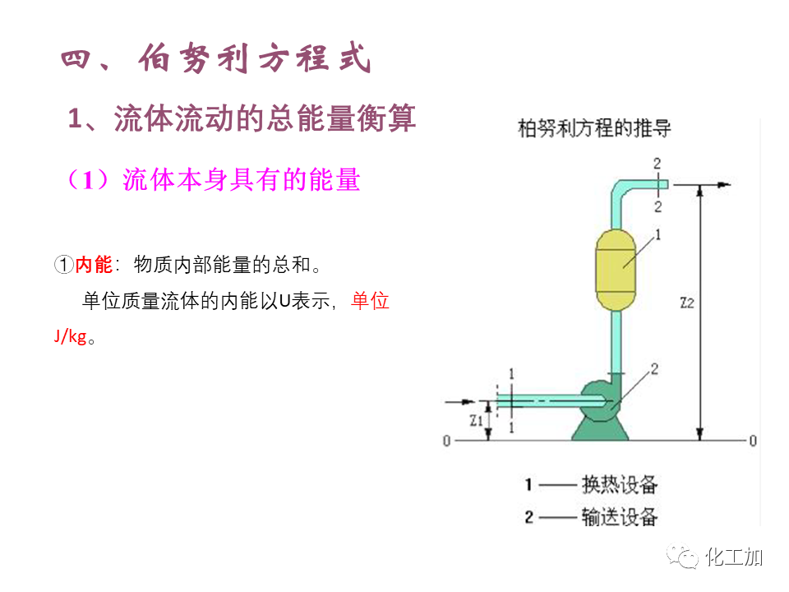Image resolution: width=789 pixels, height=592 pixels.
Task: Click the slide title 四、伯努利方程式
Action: coord(217,61)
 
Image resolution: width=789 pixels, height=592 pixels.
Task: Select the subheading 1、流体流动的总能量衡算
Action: coord(242,118)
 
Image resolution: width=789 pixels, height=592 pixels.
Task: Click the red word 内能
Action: coord(94,265)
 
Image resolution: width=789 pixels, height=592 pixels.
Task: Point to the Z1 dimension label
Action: coord(476,421)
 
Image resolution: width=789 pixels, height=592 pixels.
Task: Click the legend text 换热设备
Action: coord(620,484)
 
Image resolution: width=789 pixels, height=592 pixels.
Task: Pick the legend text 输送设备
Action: coord(620,517)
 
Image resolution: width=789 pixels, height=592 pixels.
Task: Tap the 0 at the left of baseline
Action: coord(447,441)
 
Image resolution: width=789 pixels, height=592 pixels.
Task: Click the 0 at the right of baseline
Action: coord(752,441)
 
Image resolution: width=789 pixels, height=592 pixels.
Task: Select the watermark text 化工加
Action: coord(734,557)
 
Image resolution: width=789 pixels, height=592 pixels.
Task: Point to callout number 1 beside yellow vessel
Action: coord(657,235)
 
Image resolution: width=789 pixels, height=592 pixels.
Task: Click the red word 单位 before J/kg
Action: coord(370,301)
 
